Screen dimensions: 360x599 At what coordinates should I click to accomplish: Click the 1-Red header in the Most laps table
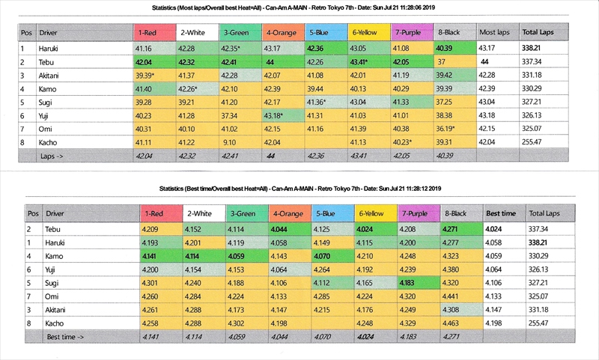click(x=152, y=33)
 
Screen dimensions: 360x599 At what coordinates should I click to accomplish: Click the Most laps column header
click(x=495, y=33)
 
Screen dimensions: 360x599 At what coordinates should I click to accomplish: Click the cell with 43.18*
click(x=279, y=115)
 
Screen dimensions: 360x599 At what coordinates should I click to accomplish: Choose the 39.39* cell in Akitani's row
click(x=152, y=75)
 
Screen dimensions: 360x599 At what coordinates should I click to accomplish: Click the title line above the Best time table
click(x=299, y=190)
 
